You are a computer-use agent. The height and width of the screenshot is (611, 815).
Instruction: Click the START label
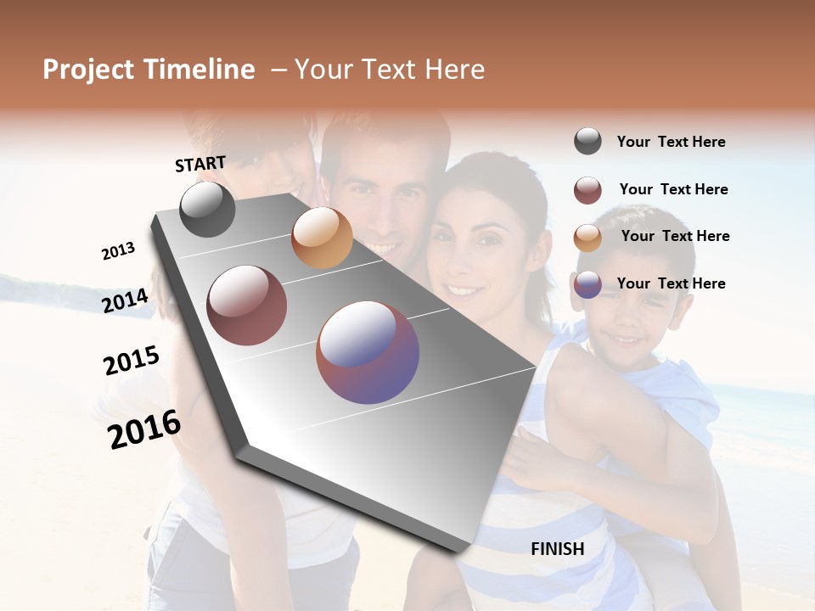point(200,164)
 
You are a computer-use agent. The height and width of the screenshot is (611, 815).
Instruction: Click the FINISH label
point(557,549)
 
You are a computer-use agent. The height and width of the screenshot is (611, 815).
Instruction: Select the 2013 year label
point(118,250)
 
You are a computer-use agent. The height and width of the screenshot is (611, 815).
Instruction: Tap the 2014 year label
point(125,300)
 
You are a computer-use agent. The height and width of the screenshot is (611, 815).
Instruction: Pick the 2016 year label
point(144,429)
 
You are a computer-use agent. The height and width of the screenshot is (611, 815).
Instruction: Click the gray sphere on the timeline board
point(207,209)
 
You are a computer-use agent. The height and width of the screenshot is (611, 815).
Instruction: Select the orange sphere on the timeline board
point(322,238)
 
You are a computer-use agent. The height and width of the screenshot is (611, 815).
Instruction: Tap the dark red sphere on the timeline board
point(247,305)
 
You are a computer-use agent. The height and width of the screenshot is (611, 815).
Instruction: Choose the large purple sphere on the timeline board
point(368,352)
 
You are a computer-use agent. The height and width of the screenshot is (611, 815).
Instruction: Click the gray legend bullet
point(587,142)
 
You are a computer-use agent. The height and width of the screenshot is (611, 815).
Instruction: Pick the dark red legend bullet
point(587,190)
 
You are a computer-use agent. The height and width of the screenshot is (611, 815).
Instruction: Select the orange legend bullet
point(587,238)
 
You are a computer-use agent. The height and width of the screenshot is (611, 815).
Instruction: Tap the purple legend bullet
point(587,284)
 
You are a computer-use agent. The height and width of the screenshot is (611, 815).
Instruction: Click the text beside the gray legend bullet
point(671,142)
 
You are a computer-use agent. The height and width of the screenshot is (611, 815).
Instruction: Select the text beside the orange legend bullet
point(675,236)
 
